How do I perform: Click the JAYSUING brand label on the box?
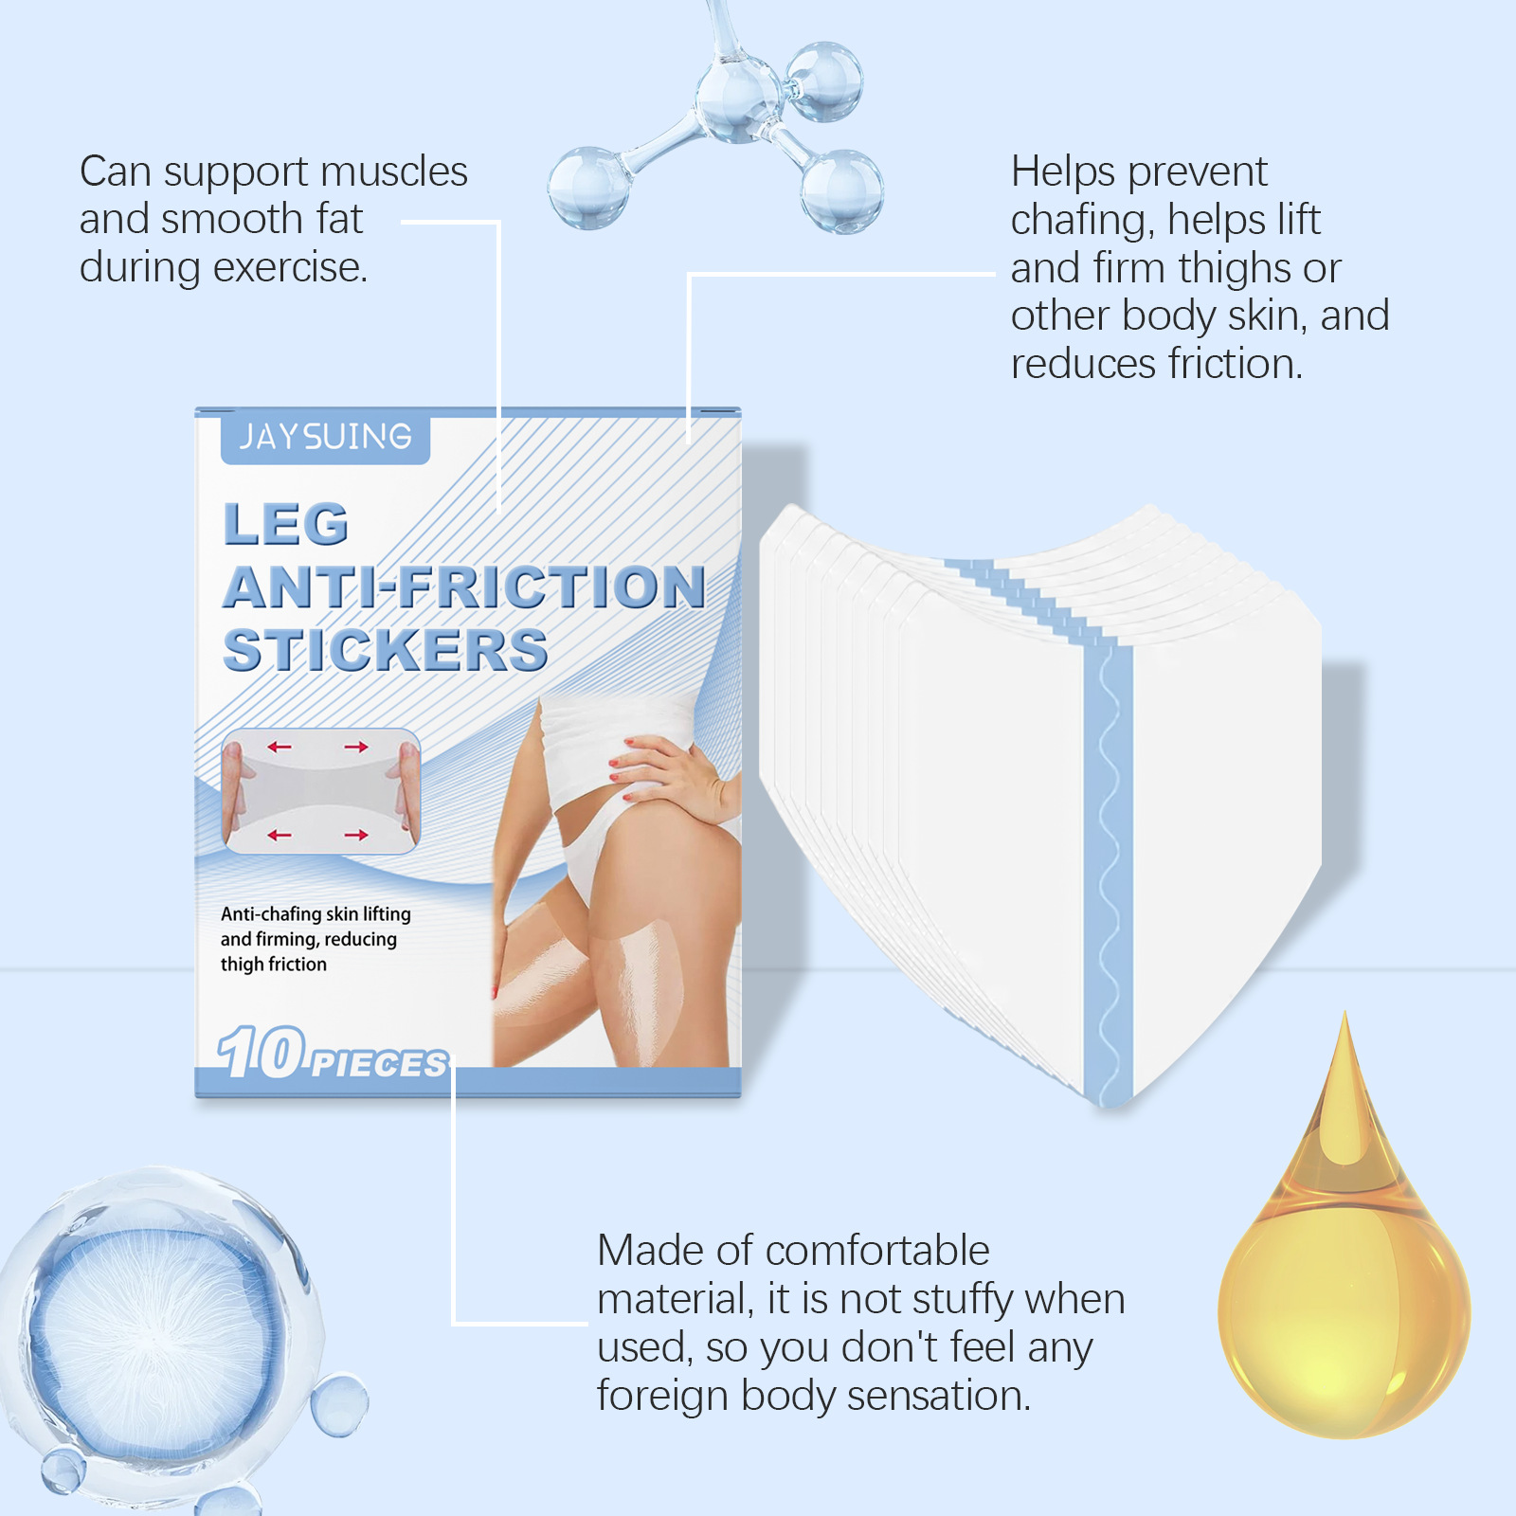325,438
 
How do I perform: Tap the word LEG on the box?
286,524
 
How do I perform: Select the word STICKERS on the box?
386,650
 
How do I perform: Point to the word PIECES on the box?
379,1064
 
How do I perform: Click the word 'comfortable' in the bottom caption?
877,1251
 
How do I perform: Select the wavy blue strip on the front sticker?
1108,872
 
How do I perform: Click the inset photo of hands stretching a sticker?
321,791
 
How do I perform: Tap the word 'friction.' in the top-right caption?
1236,365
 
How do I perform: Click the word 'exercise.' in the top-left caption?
290,268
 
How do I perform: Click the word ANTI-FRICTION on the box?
464,587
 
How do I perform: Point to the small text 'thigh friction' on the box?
274,965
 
